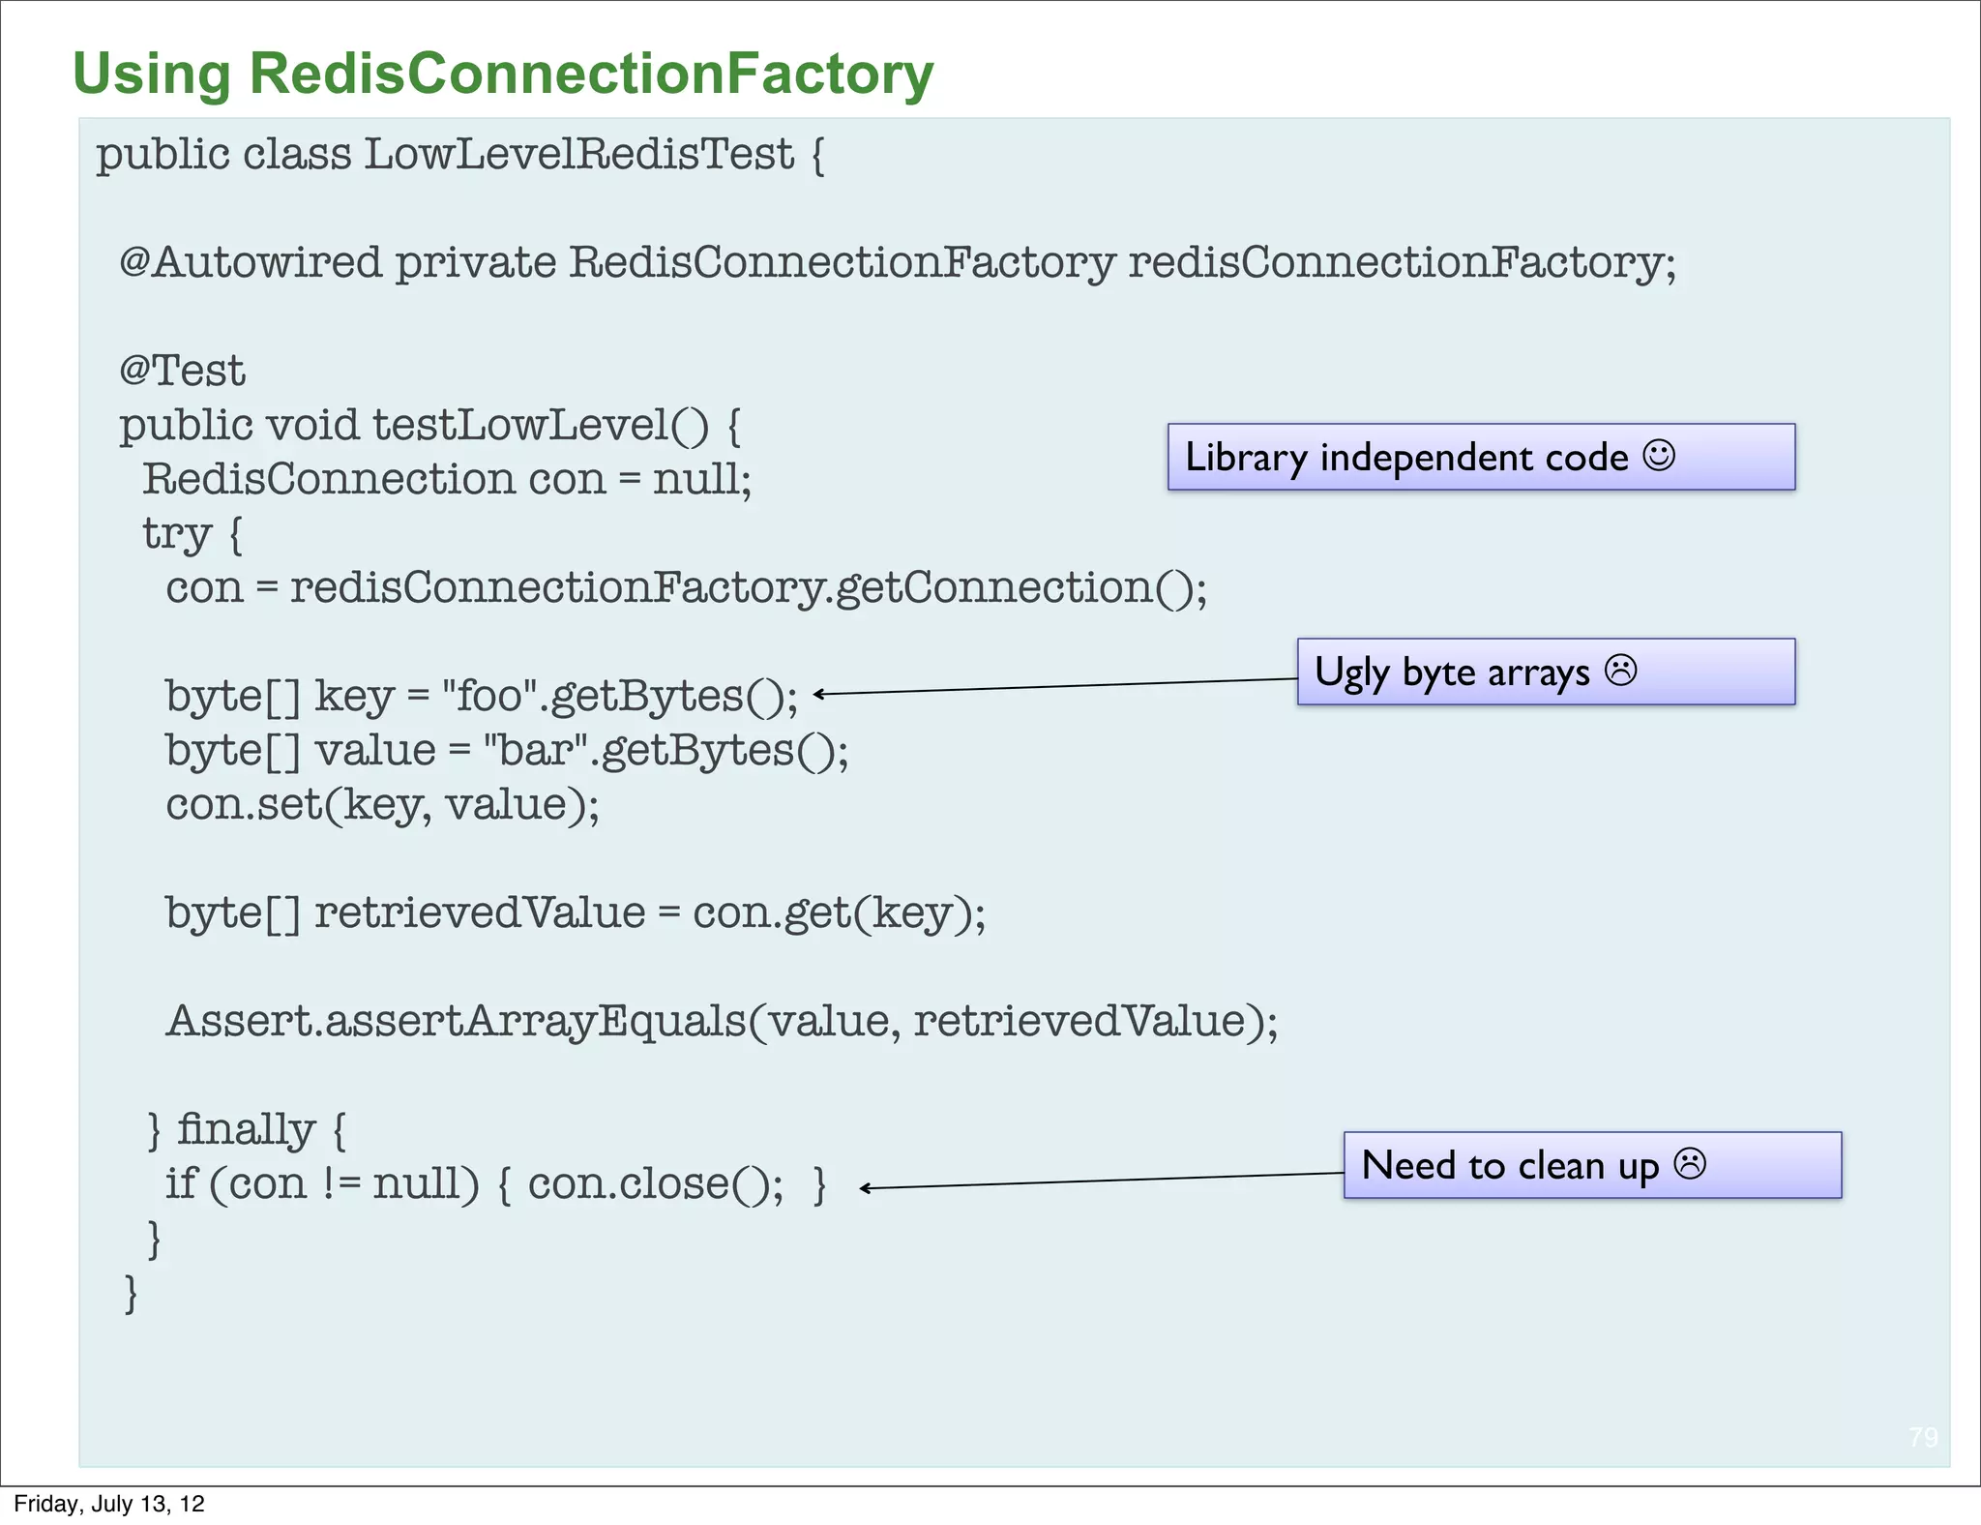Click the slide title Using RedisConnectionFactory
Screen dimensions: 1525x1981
(503, 74)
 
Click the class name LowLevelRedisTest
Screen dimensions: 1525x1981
(578, 155)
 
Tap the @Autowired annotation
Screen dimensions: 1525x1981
(250, 262)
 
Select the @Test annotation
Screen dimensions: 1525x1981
(182, 371)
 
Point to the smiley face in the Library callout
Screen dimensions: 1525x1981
(1658, 455)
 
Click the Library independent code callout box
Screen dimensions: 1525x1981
(1480, 457)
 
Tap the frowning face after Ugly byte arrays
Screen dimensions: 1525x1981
(1620, 670)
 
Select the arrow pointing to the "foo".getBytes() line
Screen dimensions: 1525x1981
(1054, 686)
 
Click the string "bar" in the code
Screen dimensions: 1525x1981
(536, 750)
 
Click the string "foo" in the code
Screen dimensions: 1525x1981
(489, 696)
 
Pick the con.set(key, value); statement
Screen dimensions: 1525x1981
(382, 804)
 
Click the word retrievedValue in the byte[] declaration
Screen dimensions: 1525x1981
(480, 912)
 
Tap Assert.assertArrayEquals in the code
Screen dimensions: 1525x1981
(455, 1021)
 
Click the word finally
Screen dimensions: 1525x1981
(246, 1129)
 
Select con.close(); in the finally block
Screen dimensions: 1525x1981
(655, 1183)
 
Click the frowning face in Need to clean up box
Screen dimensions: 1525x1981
(1690, 1163)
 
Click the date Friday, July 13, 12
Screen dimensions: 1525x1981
(109, 1504)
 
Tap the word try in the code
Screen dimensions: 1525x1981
(176, 533)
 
